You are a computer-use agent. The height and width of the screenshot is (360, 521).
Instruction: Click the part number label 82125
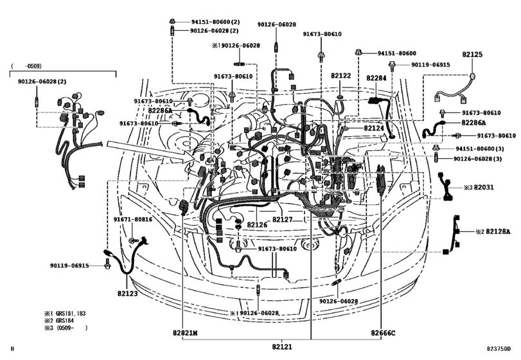tap(472, 54)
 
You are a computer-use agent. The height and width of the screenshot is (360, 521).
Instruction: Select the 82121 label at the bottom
tap(282, 346)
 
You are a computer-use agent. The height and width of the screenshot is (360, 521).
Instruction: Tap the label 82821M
tap(185, 333)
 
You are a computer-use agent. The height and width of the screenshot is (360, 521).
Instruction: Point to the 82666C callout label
tap(383, 333)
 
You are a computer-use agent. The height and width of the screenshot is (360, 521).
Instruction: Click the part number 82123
tap(127, 294)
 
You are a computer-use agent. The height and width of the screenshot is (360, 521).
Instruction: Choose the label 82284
tap(376, 78)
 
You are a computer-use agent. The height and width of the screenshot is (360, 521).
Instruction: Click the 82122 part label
tap(340, 75)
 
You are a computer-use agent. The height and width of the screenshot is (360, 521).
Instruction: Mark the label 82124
tap(374, 128)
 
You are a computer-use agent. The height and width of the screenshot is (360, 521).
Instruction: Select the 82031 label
tap(484, 187)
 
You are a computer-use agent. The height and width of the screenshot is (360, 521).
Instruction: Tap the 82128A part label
tap(498, 231)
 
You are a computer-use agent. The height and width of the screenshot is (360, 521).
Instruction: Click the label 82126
tap(257, 225)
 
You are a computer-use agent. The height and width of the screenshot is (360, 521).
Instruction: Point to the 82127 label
tap(282, 219)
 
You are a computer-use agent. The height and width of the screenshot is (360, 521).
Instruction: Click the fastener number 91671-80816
tap(133, 219)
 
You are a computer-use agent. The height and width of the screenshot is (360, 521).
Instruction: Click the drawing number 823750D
tap(499, 348)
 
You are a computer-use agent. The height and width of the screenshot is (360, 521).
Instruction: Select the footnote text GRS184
tap(65, 320)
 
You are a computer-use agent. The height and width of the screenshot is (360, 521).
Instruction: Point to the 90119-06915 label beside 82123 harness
tap(69, 265)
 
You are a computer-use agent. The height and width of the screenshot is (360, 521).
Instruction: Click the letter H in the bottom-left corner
tap(13, 348)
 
